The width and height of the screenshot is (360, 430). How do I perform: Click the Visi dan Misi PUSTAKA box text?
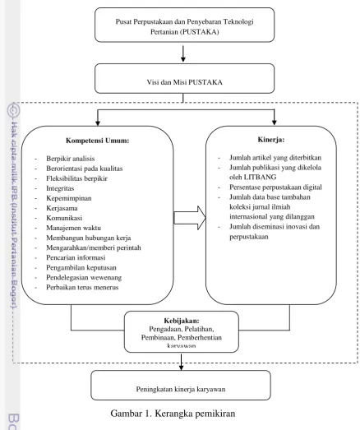(185, 82)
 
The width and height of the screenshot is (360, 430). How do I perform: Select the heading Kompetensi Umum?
(97, 141)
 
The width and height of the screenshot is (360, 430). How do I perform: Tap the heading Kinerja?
(271, 139)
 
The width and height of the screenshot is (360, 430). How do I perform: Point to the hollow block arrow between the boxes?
(190, 218)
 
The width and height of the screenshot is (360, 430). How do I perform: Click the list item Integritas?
(60, 188)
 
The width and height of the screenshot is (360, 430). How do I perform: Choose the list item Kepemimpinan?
(69, 198)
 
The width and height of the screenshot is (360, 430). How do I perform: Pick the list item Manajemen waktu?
(73, 228)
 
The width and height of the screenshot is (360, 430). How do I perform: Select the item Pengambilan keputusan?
(81, 267)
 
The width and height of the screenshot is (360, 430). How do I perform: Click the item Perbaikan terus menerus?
(82, 287)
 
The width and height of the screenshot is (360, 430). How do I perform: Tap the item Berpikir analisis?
(71, 159)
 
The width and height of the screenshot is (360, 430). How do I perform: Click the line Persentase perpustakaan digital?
(275, 187)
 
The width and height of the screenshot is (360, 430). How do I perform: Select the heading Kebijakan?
(182, 321)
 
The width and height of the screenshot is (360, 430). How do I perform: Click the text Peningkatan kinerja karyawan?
(181, 389)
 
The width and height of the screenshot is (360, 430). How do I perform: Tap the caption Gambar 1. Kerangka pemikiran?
(173, 413)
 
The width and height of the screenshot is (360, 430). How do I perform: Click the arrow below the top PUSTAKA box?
(183, 53)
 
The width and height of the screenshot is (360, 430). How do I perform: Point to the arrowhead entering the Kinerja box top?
(274, 123)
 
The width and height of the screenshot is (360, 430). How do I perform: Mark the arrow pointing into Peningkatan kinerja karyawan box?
(181, 362)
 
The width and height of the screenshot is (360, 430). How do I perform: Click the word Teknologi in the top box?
(238, 21)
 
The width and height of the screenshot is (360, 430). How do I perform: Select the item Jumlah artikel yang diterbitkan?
(275, 158)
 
